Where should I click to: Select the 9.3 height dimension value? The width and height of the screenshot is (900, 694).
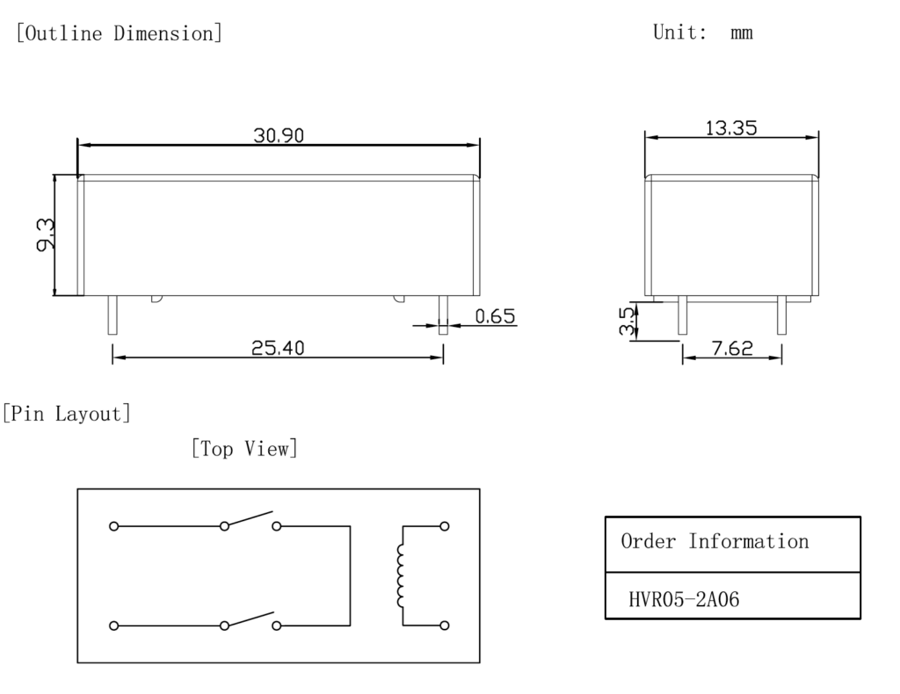coord(45,235)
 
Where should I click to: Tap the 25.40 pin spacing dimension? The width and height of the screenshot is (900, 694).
coord(278,348)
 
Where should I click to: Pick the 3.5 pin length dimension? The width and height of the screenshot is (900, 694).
coord(626,321)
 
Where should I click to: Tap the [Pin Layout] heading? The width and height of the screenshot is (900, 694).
coord(67,413)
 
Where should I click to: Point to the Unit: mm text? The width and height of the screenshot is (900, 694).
coord(702,33)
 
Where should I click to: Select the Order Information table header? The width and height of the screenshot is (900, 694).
coord(715,541)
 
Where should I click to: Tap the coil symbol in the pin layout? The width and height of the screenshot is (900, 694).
coord(401,575)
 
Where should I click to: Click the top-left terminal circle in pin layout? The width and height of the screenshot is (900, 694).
coord(113,526)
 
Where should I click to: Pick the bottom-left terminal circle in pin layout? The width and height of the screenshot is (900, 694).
coord(113,625)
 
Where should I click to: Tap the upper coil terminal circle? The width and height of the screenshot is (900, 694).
coord(444,526)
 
